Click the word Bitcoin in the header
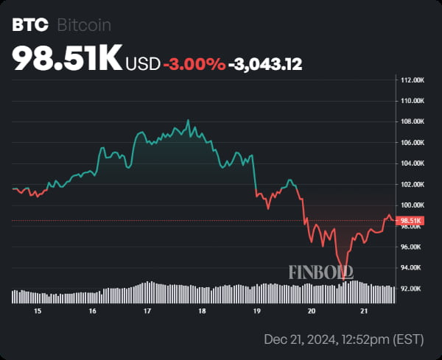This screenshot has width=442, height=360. point(84,26)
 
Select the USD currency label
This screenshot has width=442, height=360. point(143,64)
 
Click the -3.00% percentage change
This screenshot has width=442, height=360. point(194,64)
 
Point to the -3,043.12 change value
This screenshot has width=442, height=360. point(265,64)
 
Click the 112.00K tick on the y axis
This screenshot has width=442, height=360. point(410,80)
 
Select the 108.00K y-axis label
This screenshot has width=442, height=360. point(410,121)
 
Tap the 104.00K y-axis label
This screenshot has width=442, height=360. point(410,163)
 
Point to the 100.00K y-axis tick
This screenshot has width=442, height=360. point(410,205)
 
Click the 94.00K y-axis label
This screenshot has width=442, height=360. point(410,268)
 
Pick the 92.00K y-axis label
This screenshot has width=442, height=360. point(410,289)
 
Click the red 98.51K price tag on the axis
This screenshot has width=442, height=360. point(410,220)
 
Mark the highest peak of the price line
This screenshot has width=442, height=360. point(189,120)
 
